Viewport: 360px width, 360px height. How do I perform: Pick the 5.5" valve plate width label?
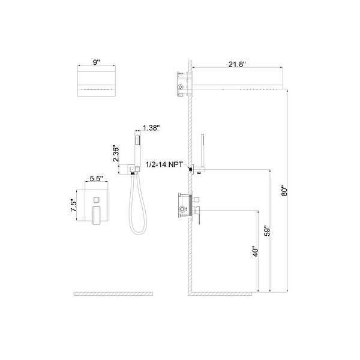click(97, 178)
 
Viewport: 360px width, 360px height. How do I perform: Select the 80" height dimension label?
click(285, 190)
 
